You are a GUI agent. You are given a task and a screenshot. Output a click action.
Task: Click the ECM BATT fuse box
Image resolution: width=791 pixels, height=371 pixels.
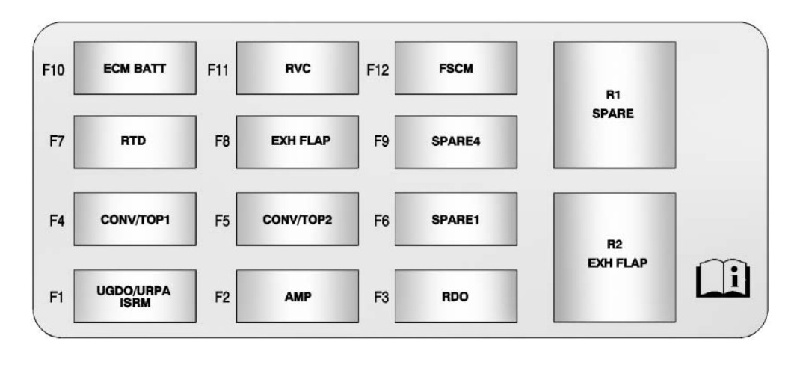click(x=135, y=68)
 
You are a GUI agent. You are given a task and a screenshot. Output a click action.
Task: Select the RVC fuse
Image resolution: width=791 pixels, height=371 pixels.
click(x=297, y=68)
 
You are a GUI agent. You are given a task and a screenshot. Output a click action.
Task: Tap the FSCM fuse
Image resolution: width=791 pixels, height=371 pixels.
click(x=455, y=68)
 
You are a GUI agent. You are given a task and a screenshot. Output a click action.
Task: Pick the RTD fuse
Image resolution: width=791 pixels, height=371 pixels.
click(x=135, y=141)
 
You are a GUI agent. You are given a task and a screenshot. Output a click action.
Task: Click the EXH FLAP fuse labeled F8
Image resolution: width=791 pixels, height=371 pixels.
click(x=297, y=141)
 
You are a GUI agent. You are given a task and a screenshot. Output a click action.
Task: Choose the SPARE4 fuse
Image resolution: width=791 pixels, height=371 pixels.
click(x=455, y=141)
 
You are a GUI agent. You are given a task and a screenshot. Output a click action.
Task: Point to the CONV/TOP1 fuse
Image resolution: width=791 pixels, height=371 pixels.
click(x=135, y=218)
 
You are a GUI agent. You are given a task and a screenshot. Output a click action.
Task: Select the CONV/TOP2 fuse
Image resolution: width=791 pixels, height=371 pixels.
click(x=297, y=218)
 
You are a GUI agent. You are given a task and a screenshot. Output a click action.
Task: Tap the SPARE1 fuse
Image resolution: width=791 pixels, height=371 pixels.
click(x=455, y=218)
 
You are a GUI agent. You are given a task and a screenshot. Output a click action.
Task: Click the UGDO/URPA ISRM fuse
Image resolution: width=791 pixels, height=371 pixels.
click(x=135, y=295)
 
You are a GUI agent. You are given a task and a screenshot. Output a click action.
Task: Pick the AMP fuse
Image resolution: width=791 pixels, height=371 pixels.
click(x=297, y=295)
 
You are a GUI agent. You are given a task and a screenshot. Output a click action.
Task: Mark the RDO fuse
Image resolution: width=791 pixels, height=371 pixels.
click(x=455, y=295)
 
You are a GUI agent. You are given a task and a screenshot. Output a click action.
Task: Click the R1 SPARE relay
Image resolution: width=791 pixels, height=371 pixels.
click(x=614, y=105)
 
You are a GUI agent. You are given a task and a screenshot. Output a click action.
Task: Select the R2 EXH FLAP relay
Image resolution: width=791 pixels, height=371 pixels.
click(x=614, y=257)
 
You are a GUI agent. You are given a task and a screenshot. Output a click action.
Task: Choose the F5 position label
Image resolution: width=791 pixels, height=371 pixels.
click(x=221, y=223)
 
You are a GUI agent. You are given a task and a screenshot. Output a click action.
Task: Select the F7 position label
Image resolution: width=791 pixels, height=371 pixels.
click(x=57, y=142)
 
